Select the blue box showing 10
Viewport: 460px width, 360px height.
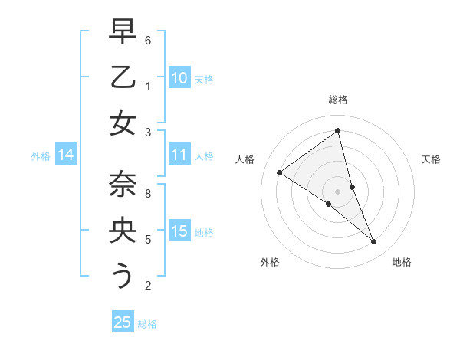(179, 78)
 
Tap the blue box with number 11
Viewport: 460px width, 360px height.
(179, 155)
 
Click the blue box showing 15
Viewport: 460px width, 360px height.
(179, 231)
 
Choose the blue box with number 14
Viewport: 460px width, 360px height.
(66, 155)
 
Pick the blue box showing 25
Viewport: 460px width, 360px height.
(123, 322)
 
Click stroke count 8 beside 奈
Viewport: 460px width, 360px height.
(148, 194)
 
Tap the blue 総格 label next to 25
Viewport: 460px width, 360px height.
(147, 324)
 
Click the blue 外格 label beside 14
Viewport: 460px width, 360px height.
(41, 156)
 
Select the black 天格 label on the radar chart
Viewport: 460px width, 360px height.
(431, 159)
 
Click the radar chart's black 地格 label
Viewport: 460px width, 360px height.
(402, 262)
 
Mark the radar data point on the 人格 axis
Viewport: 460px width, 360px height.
(280, 172)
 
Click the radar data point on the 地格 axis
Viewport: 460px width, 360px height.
(373, 241)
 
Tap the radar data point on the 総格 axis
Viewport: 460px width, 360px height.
(337, 130)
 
